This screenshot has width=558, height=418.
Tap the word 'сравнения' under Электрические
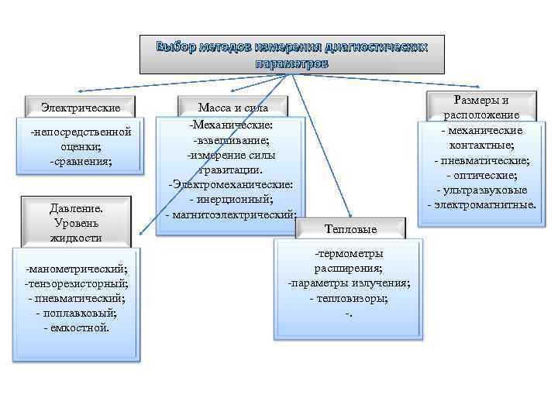(x=81, y=161)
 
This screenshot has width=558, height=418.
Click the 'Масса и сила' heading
(x=232, y=108)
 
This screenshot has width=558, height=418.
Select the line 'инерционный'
(x=232, y=200)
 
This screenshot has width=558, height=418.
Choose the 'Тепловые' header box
(x=351, y=229)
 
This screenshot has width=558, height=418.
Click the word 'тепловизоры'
(x=350, y=298)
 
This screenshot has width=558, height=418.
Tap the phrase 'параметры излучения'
(x=350, y=283)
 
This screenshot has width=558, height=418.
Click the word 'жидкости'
(x=76, y=238)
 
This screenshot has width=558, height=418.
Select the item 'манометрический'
(x=77, y=269)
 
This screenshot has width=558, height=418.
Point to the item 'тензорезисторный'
(x=77, y=284)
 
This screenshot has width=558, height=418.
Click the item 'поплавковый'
(x=77, y=313)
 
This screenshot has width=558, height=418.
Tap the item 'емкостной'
(x=77, y=327)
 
